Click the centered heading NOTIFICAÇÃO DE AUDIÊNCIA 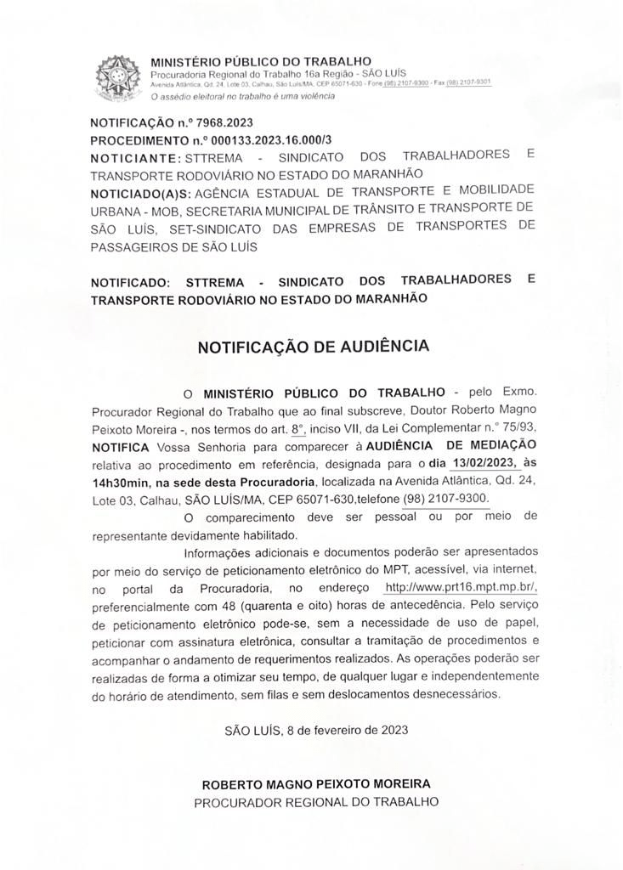pos(314,347)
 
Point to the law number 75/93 pos(518,427)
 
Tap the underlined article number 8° pos(297,427)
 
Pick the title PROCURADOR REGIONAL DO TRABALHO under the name pos(316,801)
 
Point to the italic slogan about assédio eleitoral pos(242,96)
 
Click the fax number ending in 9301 pos(473,83)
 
